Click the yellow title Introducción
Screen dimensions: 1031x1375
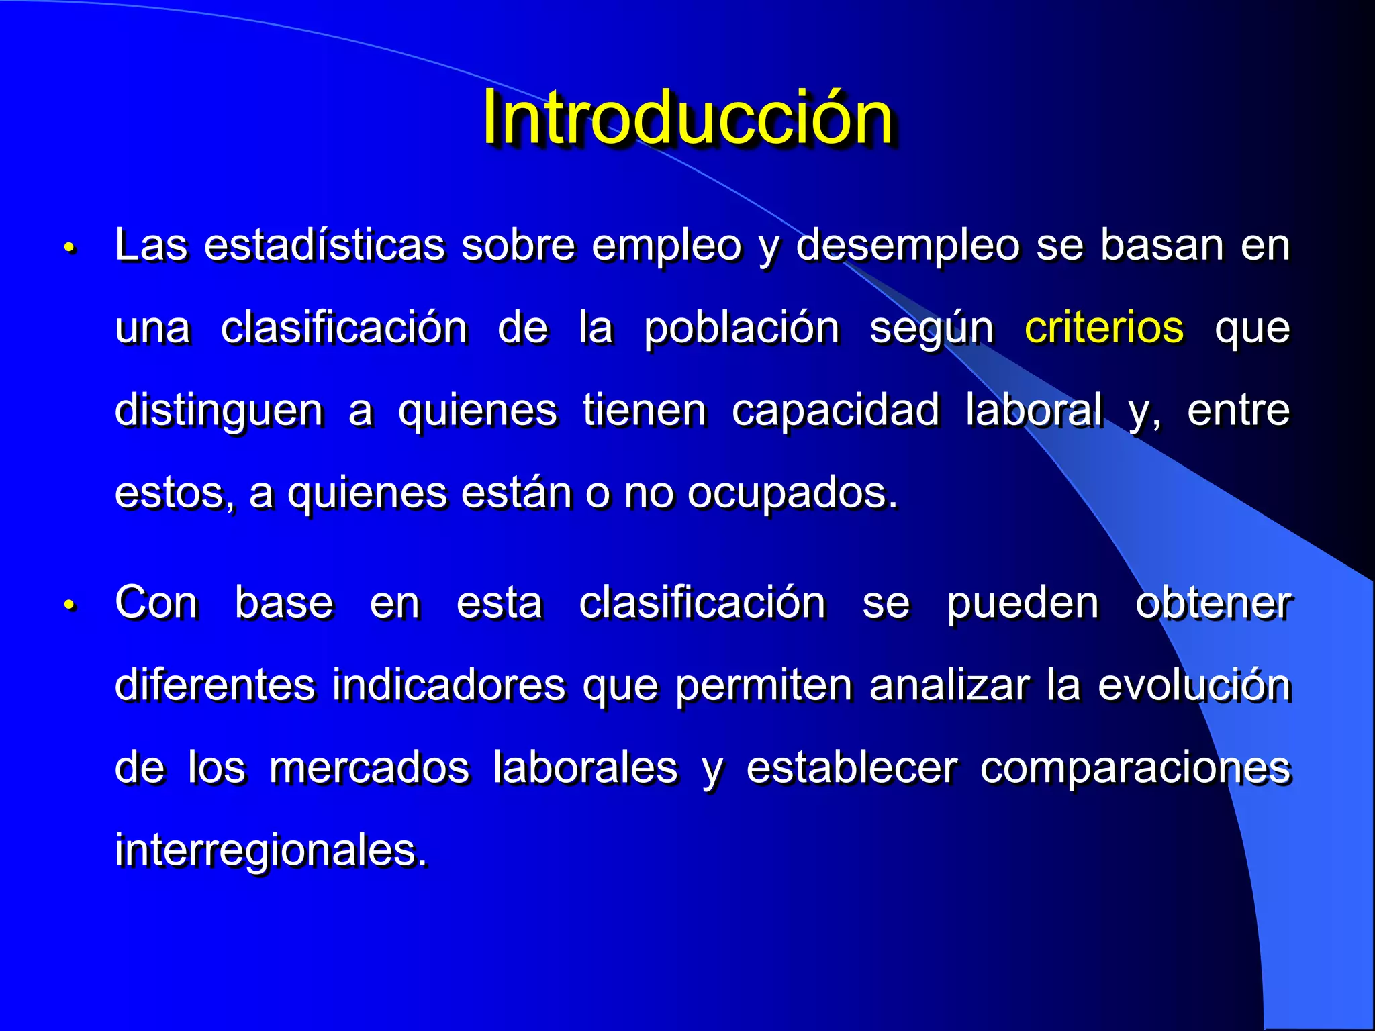click(x=687, y=117)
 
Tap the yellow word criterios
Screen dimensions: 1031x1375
click(x=1104, y=328)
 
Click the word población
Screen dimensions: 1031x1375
click(x=741, y=328)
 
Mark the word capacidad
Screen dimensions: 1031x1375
click(x=835, y=410)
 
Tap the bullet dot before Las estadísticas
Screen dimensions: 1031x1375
click(x=70, y=248)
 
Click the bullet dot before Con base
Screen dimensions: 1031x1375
click(x=70, y=605)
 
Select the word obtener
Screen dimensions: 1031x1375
click(x=1213, y=603)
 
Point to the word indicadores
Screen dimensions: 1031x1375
click(x=448, y=685)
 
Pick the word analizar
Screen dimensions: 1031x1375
click(x=949, y=685)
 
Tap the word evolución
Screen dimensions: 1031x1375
click(x=1194, y=685)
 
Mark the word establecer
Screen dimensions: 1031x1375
click(x=852, y=768)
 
